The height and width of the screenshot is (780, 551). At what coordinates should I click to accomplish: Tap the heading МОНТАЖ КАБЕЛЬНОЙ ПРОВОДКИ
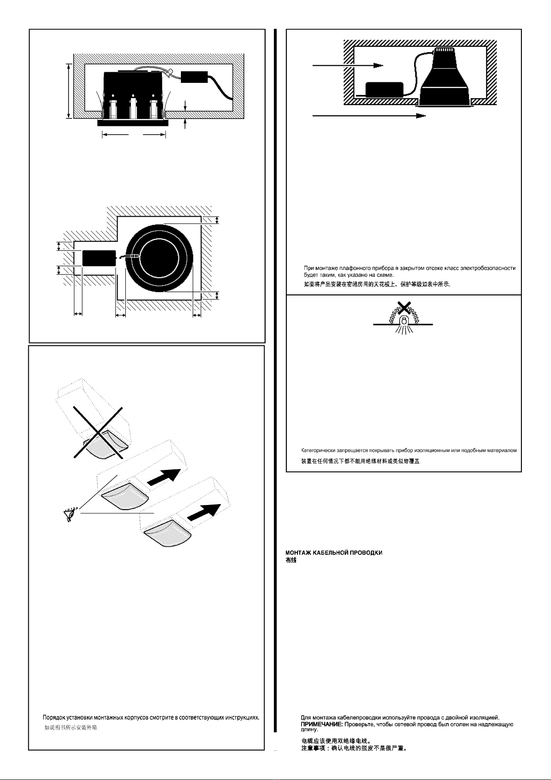click(x=334, y=553)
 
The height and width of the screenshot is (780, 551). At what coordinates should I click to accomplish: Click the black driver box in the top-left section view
click(x=194, y=77)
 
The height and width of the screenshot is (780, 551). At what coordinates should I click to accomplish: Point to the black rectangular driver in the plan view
click(x=99, y=258)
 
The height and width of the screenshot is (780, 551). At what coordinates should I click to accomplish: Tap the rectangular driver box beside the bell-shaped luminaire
click(x=384, y=89)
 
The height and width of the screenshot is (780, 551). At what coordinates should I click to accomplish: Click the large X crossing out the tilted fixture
click(x=98, y=432)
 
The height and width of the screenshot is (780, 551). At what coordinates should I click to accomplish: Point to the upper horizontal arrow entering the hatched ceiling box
click(x=348, y=65)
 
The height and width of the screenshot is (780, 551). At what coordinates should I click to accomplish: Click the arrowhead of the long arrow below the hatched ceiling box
click(x=421, y=116)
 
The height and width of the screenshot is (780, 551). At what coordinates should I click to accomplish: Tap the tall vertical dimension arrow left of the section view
click(x=69, y=91)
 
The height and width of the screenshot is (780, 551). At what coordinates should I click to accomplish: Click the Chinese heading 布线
click(x=291, y=560)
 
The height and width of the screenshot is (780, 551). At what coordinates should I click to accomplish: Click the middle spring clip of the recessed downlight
click(x=133, y=108)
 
